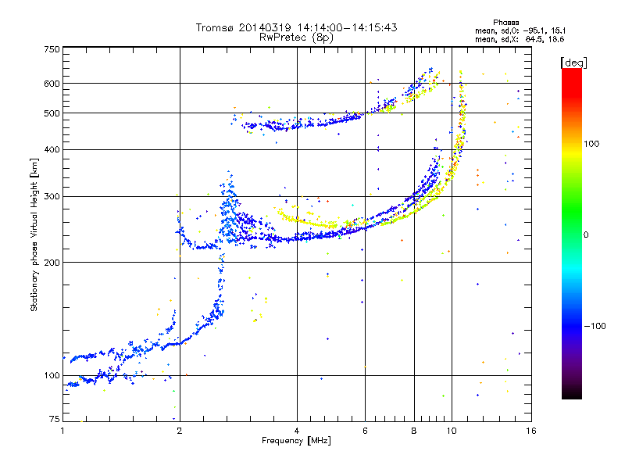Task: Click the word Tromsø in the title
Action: (x=216, y=27)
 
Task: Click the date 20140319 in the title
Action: (x=265, y=27)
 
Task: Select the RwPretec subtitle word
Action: (x=284, y=38)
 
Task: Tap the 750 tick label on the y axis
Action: (x=52, y=49)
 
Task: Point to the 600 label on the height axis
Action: (x=52, y=84)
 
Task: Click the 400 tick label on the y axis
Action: (x=52, y=149)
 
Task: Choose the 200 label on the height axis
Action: (x=52, y=263)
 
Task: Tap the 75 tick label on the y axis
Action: (x=55, y=419)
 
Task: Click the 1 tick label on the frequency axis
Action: (x=62, y=431)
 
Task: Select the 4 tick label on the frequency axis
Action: (x=297, y=431)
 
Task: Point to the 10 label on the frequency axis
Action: (x=452, y=431)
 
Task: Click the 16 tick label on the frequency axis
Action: (x=531, y=431)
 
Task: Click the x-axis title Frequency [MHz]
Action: (x=296, y=441)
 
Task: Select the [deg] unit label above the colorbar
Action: (x=574, y=63)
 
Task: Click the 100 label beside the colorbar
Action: (x=591, y=144)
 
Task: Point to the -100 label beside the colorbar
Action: (x=595, y=326)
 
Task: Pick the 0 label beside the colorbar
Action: (x=586, y=234)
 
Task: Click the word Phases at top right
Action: (x=505, y=23)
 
